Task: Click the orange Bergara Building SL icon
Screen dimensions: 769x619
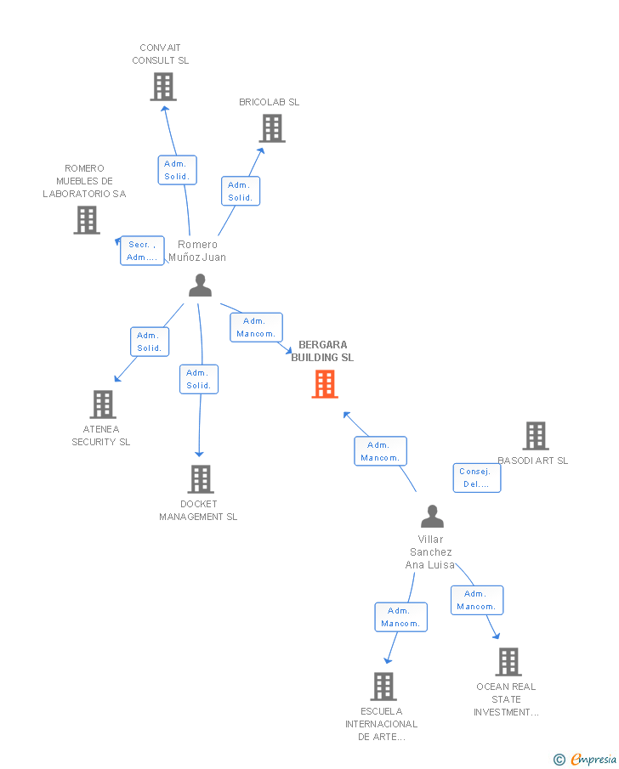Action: point(324,384)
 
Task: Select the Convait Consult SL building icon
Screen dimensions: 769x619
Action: point(162,87)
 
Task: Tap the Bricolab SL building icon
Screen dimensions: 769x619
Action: point(271,128)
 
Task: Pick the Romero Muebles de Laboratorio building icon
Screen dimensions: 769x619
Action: point(86,220)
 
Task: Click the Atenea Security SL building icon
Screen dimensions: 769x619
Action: point(103,404)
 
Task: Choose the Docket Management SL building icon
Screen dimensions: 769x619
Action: point(200,479)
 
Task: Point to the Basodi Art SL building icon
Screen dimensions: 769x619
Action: point(535,436)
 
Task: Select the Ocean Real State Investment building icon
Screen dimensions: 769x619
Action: point(508,661)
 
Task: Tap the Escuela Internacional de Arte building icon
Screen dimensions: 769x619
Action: point(383,686)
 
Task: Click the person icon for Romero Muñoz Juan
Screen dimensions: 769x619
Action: point(200,286)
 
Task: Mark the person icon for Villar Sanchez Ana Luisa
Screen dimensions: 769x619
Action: point(432,517)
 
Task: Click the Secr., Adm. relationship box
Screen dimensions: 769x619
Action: point(142,251)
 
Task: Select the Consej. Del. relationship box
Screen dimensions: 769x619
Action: point(476,478)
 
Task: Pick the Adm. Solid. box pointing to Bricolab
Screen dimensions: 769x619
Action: point(240,191)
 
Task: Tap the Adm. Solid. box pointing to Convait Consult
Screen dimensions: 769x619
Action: point(177,170)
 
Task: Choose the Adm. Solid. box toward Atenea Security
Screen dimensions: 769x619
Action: point(149,342)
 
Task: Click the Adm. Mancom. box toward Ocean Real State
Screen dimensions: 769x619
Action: point(476,600)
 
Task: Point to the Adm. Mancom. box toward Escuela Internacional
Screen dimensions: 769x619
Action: point(400,617)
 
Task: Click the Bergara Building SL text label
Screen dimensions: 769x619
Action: point(322,351)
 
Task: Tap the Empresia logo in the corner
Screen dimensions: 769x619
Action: point(586,759)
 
